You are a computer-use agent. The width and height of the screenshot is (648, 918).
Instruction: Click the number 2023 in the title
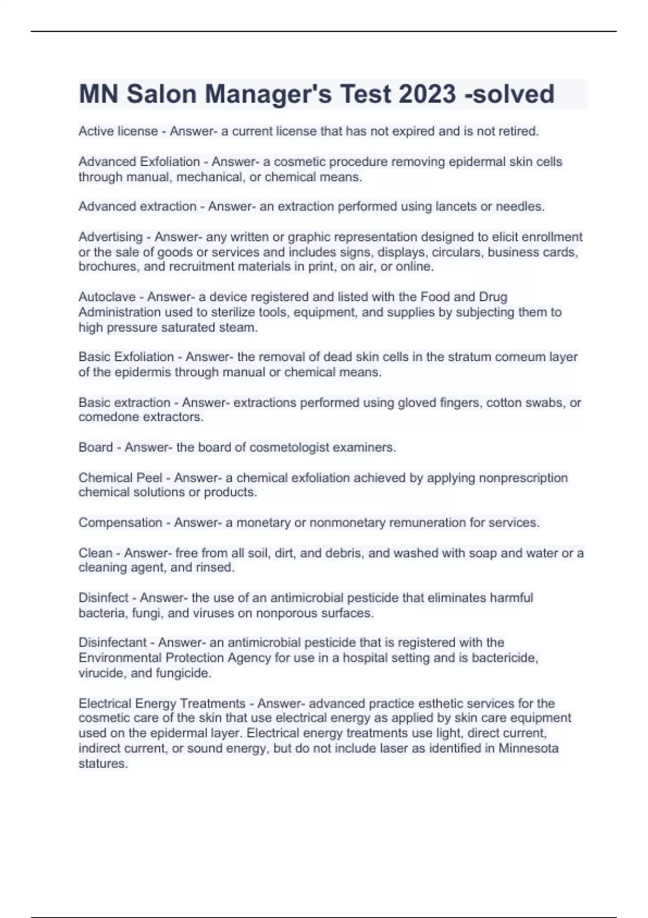click(427, 94)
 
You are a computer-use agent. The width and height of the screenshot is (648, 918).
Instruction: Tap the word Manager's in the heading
click(269, 94)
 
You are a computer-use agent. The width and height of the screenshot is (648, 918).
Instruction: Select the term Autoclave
click(111, 297)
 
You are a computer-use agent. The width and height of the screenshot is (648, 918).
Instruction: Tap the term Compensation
click(120, 523)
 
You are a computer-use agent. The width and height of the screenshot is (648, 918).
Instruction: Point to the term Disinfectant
click(112, 643)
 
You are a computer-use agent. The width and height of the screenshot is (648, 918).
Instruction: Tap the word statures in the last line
click(103, 764)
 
